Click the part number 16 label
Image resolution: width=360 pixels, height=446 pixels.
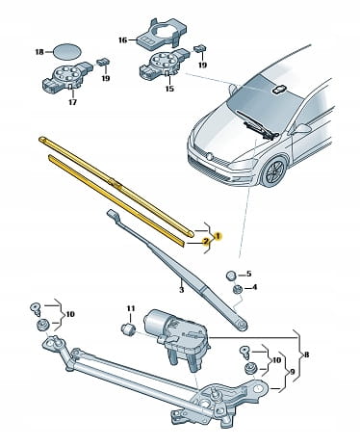coord(122,40)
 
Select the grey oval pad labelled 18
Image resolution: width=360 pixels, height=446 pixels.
coord(66,51)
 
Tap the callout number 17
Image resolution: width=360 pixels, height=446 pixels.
coord(73,102)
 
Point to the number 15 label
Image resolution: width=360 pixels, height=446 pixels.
coord(169,89)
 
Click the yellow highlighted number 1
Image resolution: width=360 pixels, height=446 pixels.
coord(218,237)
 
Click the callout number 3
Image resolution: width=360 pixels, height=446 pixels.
coord(181,290)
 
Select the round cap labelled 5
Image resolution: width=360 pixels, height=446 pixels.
coord(240,275)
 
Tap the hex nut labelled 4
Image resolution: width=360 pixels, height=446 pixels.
coord(237,289)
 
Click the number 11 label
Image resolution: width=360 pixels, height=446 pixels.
coord(130,308)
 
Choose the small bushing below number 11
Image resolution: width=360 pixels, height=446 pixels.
coord(129,329)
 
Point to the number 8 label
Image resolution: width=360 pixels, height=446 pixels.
coord(306,354)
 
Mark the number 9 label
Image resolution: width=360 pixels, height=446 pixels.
coord(292,372)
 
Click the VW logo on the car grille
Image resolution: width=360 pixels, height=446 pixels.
coord(210,157)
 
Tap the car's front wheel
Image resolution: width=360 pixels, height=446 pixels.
coord(273,172)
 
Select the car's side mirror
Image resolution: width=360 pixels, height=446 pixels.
coord(301,128)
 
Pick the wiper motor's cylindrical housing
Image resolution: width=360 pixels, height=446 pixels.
coord(155,322)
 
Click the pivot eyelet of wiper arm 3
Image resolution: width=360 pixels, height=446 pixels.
coord(241,325)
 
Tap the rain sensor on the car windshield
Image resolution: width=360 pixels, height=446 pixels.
coord(280,91)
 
